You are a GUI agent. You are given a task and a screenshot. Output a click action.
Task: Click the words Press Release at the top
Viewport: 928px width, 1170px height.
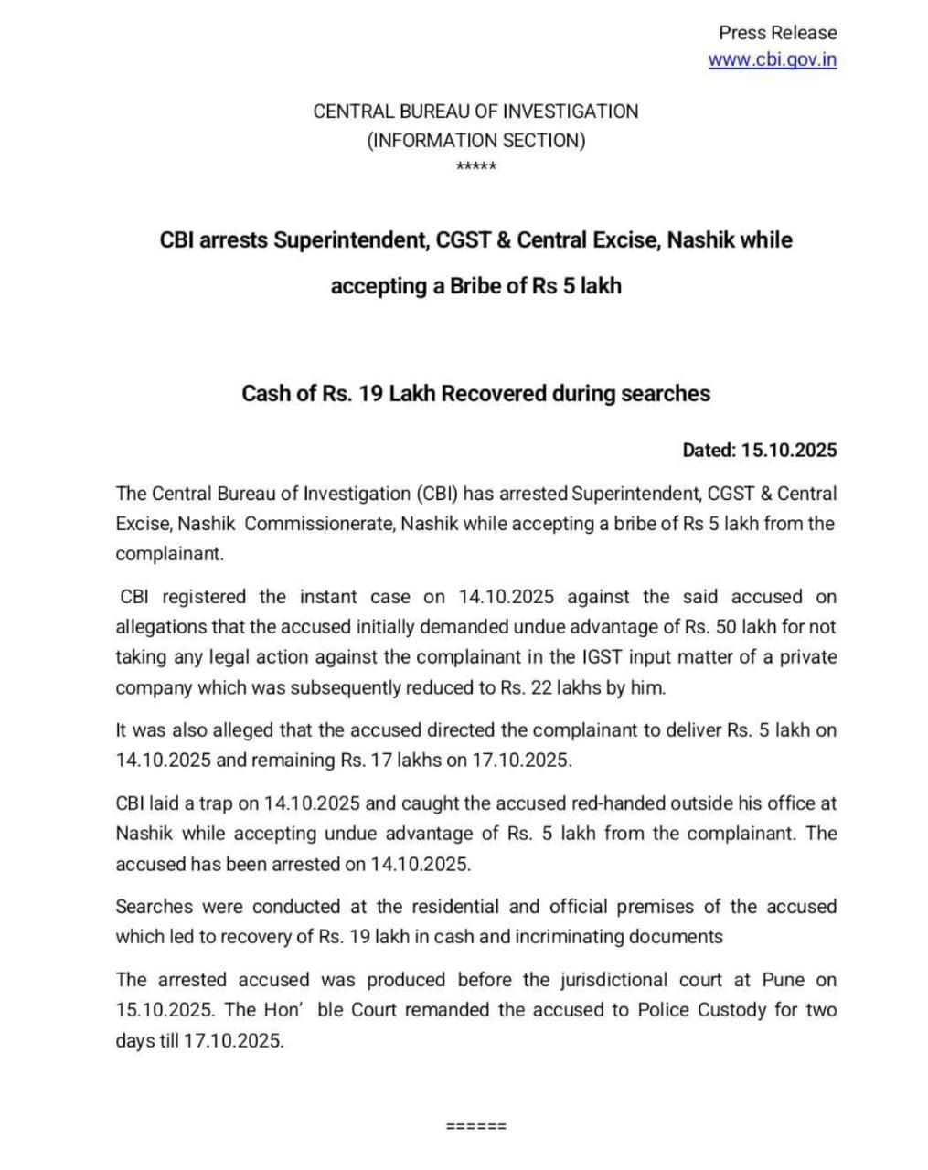[777, 33]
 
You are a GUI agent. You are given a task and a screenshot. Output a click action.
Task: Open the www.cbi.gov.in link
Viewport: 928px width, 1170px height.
[773, 60]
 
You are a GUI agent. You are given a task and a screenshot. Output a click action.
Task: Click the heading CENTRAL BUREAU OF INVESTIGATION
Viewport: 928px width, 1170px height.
[475, 112]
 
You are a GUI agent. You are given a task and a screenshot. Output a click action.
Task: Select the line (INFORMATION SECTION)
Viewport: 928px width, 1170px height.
[475, 141]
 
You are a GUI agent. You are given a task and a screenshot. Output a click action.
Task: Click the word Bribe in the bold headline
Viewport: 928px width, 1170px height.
[475, 286]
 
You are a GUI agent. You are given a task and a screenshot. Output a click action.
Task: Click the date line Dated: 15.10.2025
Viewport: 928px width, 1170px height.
[759, 450]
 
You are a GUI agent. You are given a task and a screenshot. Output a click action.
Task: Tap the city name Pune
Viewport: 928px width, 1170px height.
[784, 980]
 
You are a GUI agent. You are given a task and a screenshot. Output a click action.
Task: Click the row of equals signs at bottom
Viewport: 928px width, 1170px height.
[475, 1125]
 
